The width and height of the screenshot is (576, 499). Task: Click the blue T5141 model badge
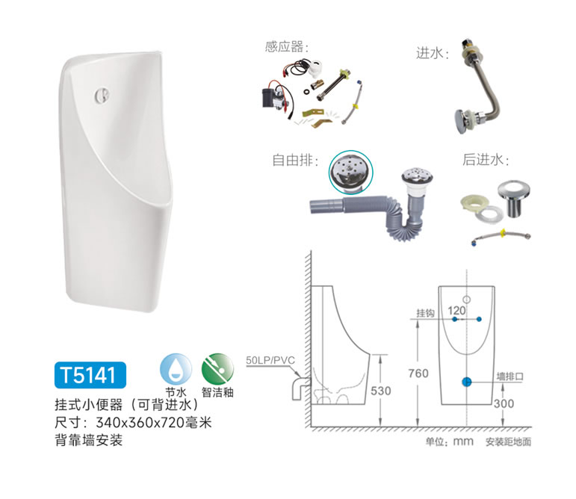(x=90, y=375)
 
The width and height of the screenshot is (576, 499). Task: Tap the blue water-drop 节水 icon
(x=176, y=369)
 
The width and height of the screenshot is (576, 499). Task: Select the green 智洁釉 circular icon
(x=217, y=369)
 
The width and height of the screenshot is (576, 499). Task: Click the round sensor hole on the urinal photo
(x=102, y=95)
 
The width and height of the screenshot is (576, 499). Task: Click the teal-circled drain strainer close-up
(x=350, y=172)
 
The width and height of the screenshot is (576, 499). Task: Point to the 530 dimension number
(x=380, y=391)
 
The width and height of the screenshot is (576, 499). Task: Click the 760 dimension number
(x=418, y=374)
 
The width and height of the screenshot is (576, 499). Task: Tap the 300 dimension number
(x=504, y=403)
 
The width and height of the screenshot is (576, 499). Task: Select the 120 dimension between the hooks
(x=456, y=311)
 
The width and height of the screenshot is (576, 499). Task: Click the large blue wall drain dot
(x=466, y=382)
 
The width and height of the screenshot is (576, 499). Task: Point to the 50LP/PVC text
(x=270, y=360)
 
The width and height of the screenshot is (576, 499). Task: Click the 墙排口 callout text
(x=510, y=376)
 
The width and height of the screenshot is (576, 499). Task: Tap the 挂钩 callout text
(x=425, y=313)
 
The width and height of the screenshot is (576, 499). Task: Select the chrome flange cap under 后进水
(x=514, y=198)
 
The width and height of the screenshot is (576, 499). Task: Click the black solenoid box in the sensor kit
(x=270, y=98)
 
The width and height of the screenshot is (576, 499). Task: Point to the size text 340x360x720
(x=140, y=423)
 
